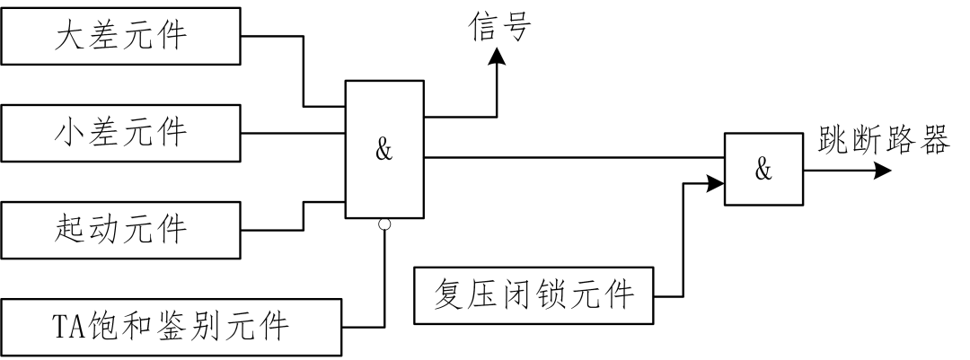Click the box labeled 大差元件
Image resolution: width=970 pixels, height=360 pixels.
click(121, 37)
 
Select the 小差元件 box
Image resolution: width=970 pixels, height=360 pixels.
click(121, 134)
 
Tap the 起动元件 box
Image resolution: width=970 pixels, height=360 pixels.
click(121, 230)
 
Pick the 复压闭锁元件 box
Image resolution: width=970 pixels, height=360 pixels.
click(534, 295)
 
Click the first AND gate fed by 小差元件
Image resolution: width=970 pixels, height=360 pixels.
click(385, 149)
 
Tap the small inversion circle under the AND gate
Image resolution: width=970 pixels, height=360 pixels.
click(384, 224)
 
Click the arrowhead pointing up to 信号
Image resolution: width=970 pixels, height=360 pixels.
click(497, 57)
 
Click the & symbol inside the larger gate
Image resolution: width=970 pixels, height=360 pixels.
click(384, 150)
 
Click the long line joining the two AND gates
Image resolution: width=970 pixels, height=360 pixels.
click(575, 157)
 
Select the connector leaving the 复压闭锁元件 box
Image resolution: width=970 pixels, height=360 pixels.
click(669, 295)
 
